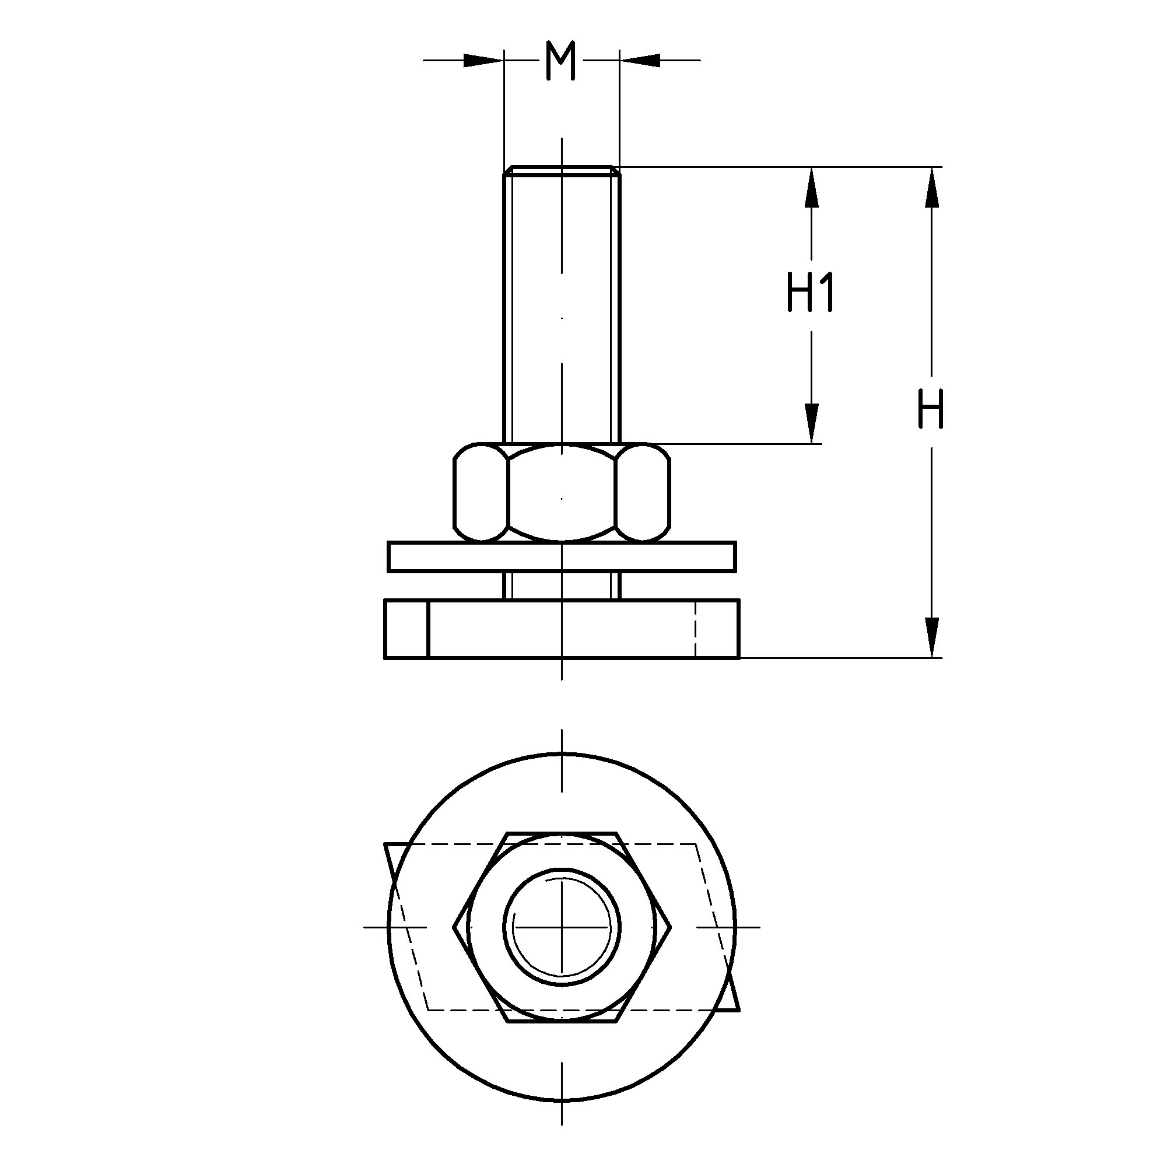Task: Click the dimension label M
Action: (560, 61)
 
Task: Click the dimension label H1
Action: (811, 292)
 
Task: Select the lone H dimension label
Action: (930, 409)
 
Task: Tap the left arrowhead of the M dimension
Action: (483, 60)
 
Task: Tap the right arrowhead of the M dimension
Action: (640, 60)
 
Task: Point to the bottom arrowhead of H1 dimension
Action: (811, 422)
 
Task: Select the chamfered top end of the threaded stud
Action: (562, 170)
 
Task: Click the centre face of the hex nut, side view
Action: (562, 492)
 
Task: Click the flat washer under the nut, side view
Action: (562, 557)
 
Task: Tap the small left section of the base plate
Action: (406, 629)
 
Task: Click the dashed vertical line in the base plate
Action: (695, 629)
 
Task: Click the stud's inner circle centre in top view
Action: (562, 927)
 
